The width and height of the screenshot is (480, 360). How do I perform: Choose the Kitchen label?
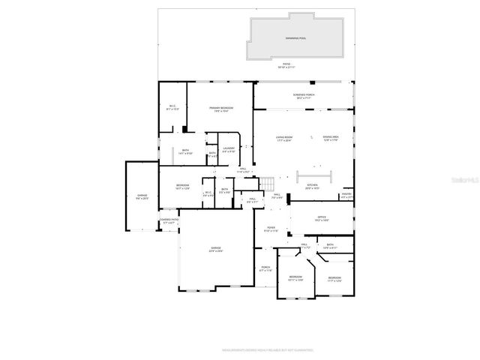click(313, 186)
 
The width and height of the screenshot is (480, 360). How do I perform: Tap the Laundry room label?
click(229, 149)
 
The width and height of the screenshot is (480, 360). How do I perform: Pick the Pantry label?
click(346, 196)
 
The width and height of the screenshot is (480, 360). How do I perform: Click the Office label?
click(321, 219)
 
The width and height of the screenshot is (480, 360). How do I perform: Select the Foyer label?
click(271, 229)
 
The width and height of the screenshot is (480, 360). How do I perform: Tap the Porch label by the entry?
click(265, 268)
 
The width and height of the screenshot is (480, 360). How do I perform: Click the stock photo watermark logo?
click(459, 179)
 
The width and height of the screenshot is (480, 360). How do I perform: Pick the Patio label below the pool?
click(286, 66)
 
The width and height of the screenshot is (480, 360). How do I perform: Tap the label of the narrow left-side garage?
click(142, 197)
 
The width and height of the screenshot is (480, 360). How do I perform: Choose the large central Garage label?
click(216, 250)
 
